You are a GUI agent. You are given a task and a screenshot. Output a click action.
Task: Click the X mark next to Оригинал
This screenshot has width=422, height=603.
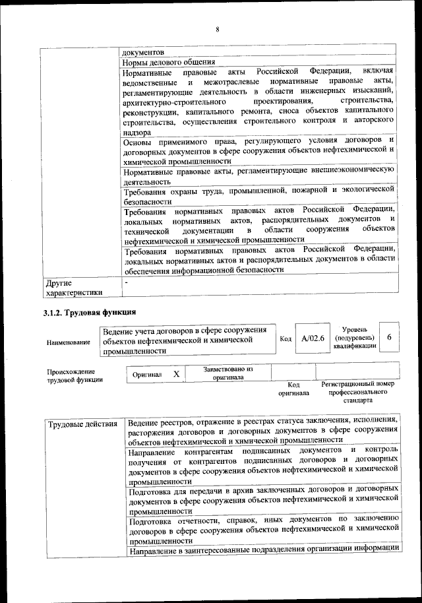click(176, 374)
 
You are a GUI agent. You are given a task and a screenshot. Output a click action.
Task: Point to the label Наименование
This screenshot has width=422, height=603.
click(69, 342)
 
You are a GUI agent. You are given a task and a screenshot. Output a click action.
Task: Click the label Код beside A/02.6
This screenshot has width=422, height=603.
click(286, 338)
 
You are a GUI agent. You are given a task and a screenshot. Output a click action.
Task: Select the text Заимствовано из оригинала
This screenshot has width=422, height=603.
click(227, 373)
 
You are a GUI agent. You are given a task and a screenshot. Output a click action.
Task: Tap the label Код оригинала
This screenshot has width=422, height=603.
click(293, 389)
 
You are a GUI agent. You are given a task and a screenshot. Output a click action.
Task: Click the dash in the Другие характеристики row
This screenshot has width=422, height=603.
click(127, 282)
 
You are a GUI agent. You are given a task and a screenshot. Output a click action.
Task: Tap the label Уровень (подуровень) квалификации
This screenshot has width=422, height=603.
click(355, 337)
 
